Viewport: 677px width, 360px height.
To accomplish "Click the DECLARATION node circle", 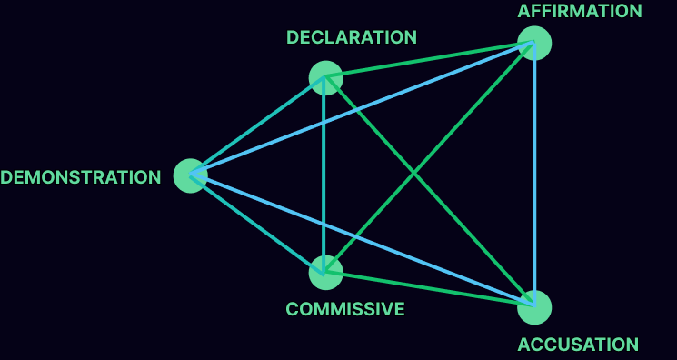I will point(325,77).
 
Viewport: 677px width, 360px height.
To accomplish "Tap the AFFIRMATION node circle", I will point(534,44).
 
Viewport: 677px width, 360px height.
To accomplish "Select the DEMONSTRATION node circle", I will point(190,175).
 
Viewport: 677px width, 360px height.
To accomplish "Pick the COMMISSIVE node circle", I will point(325,272).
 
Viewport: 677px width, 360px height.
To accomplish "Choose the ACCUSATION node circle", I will point(534,306).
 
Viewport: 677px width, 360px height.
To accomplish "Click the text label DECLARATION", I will point(352,37).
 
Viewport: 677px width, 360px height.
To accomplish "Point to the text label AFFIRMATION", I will point(580,11).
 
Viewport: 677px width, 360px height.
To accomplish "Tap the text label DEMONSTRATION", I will point(80,177).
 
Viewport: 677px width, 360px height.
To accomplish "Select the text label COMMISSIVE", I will point(345,309).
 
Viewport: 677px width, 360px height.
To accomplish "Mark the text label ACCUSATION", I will point(578,345).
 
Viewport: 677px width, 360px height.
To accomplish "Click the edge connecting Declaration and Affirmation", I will point(430,60).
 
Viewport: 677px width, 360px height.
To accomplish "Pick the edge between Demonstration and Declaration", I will point(257,126).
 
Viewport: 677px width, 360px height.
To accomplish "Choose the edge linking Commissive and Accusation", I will point(430,289).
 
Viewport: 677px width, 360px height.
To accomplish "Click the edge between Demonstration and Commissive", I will point(257,224).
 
